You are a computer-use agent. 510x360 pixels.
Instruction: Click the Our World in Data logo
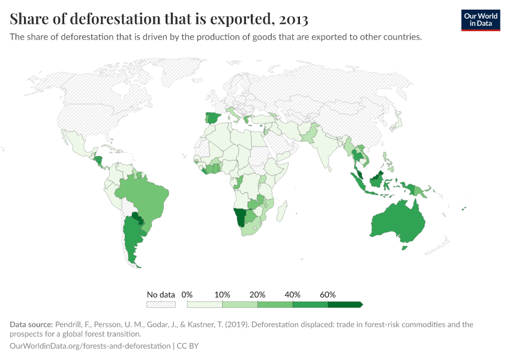click(x=481, y=20)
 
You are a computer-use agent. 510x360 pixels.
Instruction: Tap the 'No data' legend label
click(x=161, y=295)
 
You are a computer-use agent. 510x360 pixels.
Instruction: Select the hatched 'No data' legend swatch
click(x=161, y=305)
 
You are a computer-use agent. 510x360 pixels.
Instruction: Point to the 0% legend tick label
click(x=187, y=295)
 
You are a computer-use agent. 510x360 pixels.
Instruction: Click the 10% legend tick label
click(x=222, y=295)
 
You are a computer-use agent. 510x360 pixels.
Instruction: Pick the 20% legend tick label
click(x=257, y=295)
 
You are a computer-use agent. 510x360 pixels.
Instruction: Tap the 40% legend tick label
click(x=293, y=295)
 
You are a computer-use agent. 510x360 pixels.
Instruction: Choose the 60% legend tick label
click(x=328, y=295)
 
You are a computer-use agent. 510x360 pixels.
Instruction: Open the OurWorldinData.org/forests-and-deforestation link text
click(x=90, y=346)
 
